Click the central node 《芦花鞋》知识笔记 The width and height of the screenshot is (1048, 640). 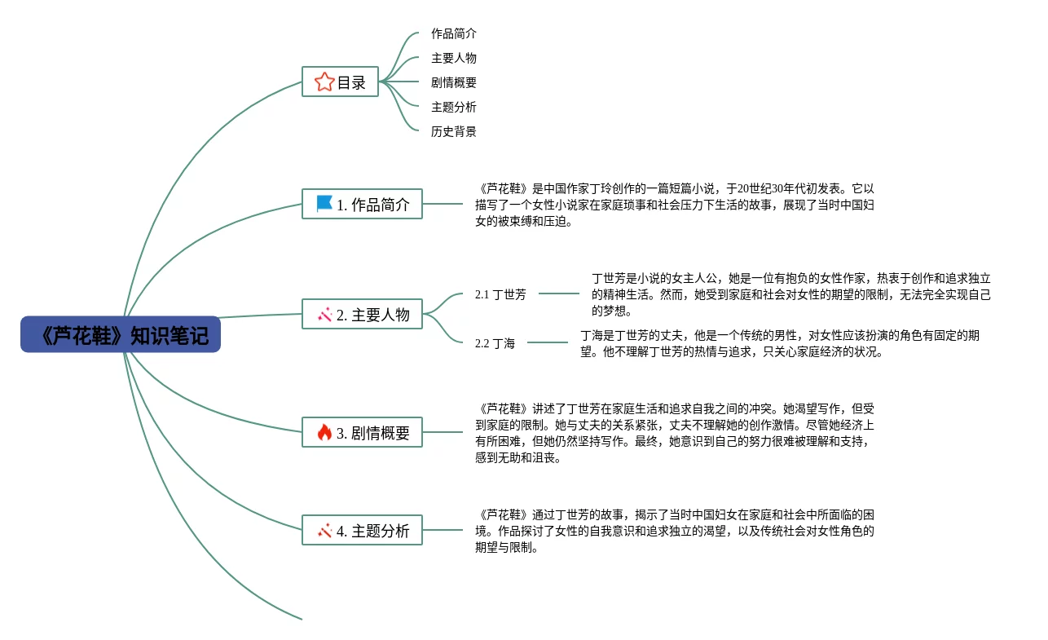pos(121,334)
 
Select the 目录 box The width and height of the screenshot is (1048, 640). pos(340,82)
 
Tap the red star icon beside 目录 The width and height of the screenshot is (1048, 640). pos(324,82)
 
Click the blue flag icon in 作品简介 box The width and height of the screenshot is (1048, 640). pos(324,204)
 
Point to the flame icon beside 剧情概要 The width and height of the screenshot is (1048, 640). pos(324,433)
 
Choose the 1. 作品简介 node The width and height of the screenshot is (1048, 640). pos(362,204)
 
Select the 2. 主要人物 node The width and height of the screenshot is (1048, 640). pos(362,315)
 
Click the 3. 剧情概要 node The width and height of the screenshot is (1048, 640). pos(362,433)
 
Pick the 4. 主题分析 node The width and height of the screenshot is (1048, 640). pos(362,531)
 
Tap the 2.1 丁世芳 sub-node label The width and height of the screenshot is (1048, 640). pos(500,294)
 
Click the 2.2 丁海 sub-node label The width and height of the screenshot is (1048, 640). pos(495,343)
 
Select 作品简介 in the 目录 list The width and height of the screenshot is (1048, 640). pos(454,34)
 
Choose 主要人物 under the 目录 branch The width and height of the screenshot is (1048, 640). pos(454,59)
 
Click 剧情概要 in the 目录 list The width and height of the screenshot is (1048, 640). pos(454,83)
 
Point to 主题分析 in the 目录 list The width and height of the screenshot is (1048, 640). pos(454,108)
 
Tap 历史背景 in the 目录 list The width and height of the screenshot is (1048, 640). pos(454,132)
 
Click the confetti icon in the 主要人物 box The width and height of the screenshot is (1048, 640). pos(324,315)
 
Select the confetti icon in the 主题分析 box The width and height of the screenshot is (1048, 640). pos(324,531)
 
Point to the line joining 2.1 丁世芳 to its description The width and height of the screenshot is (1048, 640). pos(559,294)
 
